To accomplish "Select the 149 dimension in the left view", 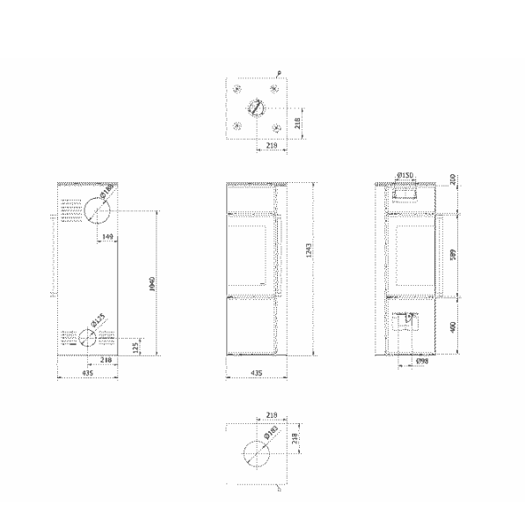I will [107, 238].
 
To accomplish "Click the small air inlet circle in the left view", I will [87, 337].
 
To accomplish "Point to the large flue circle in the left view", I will [94, 210].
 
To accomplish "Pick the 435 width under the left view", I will [88, 373].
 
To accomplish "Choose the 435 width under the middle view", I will [256, 373].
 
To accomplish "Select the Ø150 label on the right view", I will [405, 176].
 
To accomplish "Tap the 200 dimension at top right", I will [454, 179].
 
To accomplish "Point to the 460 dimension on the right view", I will [454, 326].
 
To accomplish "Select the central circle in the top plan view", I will [256, 109].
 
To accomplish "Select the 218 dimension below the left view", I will [106, 360].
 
